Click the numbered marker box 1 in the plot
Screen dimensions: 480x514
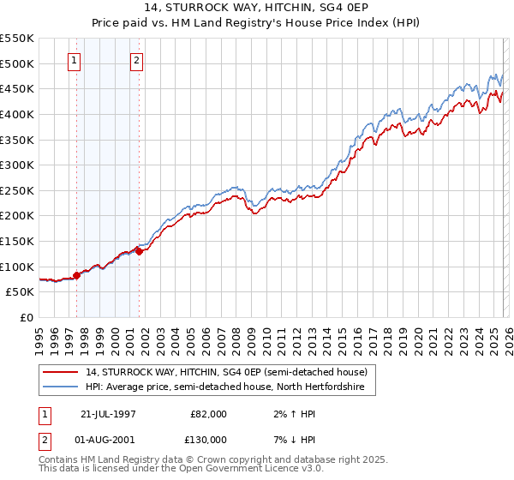(x=75, y=60)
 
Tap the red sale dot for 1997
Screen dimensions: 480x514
(x=76, y=275)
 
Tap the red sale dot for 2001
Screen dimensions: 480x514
(x=138, y=251)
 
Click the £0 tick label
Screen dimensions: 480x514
(x=26, y=317)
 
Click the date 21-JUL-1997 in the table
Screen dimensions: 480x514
(x=110, y=413)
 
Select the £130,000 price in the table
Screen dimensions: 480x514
(x=208, y=439)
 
